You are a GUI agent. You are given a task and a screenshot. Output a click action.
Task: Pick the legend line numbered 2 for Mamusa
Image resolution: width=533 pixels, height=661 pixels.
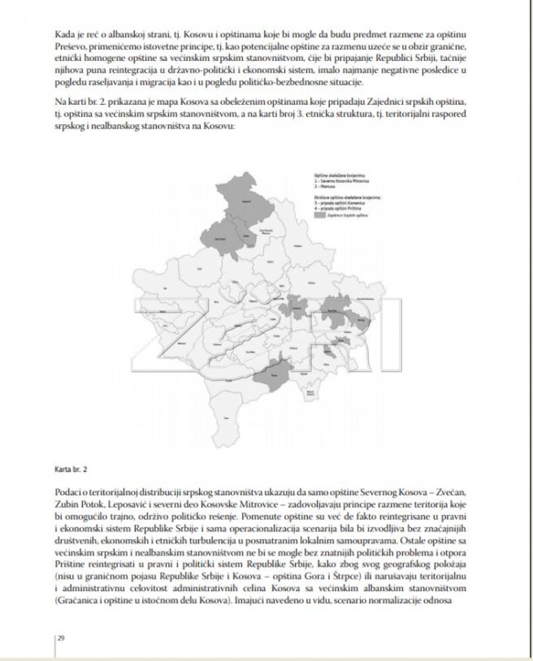pyautogui.click(x=326, y=186)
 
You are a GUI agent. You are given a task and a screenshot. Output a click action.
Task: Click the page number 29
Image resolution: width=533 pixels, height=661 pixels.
pyautogui.click(x=62, y=638)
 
